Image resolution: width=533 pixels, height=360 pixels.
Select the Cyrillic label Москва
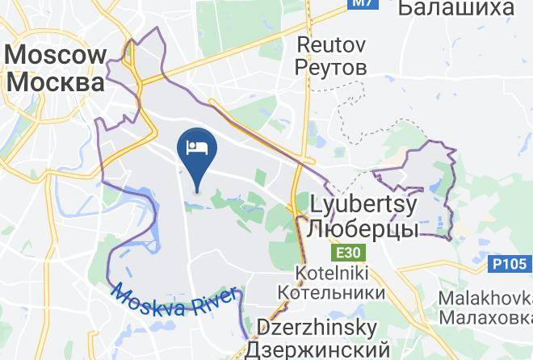[55, 82]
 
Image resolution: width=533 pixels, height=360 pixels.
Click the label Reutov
[332, 44]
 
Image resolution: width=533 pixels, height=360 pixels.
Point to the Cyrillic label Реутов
[332, 66]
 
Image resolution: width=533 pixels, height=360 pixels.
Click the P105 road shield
[510, 264]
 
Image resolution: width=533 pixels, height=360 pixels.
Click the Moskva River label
[174, 299]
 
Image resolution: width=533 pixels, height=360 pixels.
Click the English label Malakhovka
[484, 299]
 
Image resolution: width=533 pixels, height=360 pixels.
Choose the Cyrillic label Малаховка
[484, 317]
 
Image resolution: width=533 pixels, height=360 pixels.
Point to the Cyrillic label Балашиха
[457, 8]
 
